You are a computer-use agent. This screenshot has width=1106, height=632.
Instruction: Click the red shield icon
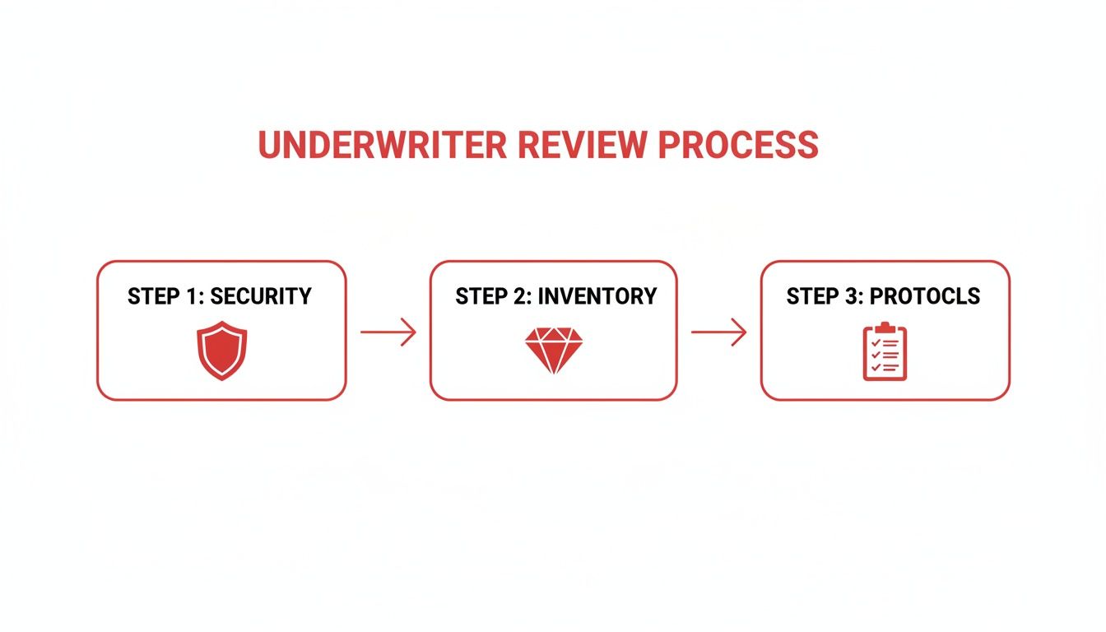click(x=221, y=351)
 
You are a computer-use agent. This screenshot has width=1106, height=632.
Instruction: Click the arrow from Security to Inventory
click(x=388, y=332)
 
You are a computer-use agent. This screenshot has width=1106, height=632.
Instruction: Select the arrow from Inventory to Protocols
click(x=718, y=332)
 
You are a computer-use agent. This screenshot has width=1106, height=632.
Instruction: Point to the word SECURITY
click(x=261, y=296)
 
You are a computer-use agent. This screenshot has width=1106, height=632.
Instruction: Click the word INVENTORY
click(x=597, y=296)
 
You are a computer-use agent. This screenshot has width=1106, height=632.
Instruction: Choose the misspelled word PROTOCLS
click(x=925, y=296)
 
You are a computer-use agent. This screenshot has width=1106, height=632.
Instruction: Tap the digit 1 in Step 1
click(x=193, y=296)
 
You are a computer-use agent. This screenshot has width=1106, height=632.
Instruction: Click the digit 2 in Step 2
click(x=521, y=296)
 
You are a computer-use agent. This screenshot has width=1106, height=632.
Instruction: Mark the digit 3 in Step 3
click(x=852, y=296)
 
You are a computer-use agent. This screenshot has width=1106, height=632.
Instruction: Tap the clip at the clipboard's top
click(x=885, y=327)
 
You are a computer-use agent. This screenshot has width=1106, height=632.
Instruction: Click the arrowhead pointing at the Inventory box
click(x=411, y=332)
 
